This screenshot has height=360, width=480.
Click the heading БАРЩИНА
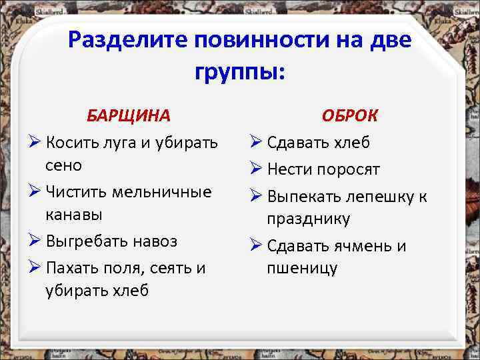[x=129, y=115]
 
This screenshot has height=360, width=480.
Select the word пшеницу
[x=302, y=268]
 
